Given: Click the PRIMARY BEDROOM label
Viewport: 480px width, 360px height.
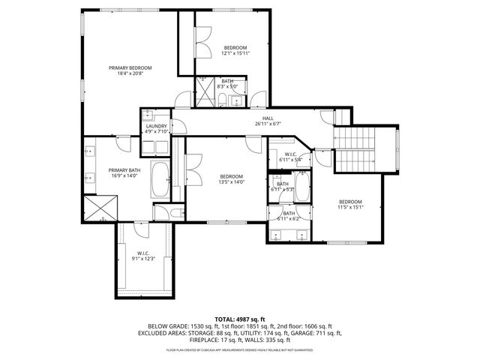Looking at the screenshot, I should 135,70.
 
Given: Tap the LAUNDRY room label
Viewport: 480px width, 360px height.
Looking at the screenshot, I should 156,128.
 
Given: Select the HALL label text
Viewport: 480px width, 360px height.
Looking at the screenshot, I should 267,120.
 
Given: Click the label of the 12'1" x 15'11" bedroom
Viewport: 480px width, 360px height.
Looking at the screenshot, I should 235,50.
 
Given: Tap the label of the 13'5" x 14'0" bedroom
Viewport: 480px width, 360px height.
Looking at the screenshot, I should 231,179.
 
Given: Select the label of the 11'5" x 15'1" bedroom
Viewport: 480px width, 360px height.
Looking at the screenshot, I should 350,205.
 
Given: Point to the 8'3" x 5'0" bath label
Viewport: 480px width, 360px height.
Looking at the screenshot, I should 226,83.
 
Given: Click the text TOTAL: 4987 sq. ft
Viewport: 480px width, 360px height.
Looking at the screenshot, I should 240,319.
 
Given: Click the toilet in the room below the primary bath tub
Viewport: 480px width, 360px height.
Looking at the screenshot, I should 172,214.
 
